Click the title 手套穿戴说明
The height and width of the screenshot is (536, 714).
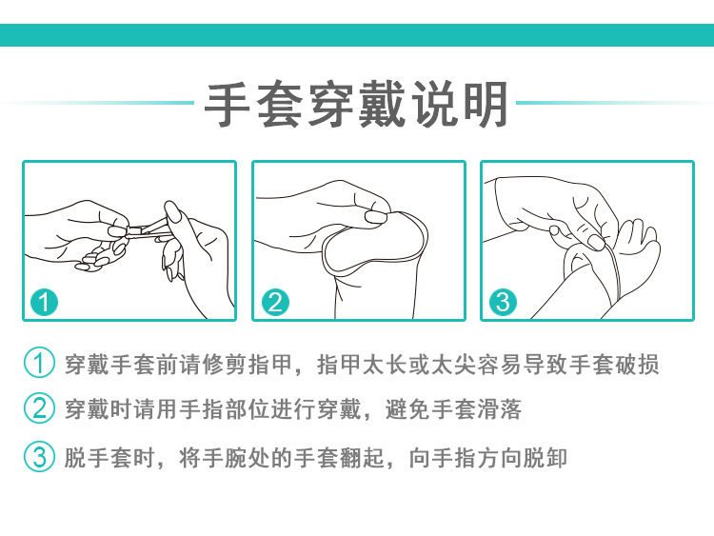click(x=357, y=104)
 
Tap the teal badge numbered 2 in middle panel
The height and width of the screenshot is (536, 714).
click(x=274, y=303)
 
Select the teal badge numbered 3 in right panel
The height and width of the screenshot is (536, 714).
click(x=503, y=303)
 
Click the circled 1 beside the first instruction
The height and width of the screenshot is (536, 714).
click(x=39, y=365)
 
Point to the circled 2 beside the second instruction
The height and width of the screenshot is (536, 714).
click(x=39, y=410)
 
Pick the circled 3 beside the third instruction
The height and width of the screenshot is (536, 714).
click(x=39, y=457)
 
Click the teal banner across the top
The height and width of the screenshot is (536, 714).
click(x=357, y=35)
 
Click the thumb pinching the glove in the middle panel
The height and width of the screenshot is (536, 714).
click(x=373, y=216)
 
